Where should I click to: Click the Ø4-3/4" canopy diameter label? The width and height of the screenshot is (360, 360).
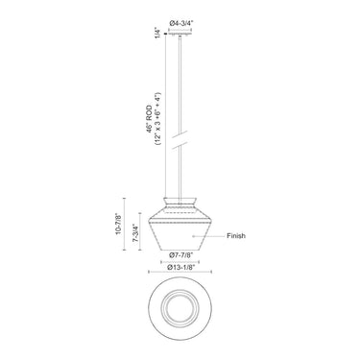click(181, 23)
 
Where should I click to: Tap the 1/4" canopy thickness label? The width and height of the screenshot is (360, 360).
click(157, 33)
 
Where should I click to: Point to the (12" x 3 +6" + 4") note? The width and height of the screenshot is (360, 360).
click(157, 119)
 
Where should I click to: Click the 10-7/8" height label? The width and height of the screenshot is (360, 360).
click(118, 225)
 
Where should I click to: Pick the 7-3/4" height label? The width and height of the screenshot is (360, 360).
click(135, 234)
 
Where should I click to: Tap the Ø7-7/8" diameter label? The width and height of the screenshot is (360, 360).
click(181, 255)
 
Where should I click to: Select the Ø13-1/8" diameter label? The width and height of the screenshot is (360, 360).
click(181, 267)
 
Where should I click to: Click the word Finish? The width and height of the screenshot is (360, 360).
click(236, 236)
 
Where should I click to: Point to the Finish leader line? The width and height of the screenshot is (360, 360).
click(208, 236)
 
